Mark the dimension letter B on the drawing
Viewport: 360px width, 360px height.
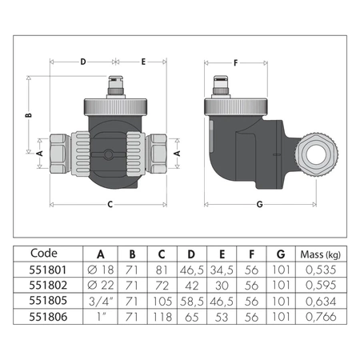pyautogui.click(x=27, y=114)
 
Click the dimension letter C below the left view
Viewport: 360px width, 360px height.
pyautogui.click(x=109, y=203)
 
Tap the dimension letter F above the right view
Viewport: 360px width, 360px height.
pyautogui.click(x=235, y=61)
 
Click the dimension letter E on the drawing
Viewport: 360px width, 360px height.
pyautogui.click(x=143, y=61)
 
